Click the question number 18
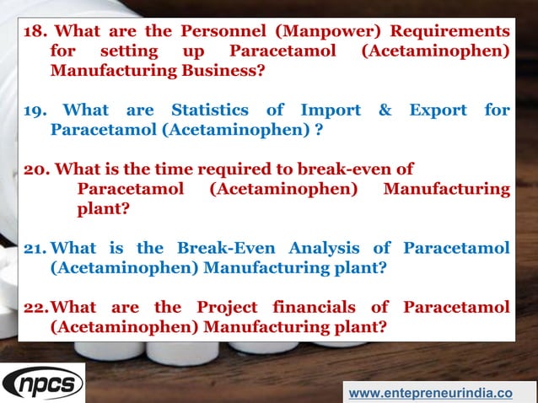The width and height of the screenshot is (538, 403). coord(35,32)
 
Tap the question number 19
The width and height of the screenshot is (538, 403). coord(35,110)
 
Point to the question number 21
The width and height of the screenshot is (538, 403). coord(35,248)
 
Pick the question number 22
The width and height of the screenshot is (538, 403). coord(35,307)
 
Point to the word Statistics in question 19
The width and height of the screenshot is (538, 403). coord(210,110)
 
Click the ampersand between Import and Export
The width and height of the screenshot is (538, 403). coord(385,110)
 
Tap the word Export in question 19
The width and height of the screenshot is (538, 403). coord(438,110)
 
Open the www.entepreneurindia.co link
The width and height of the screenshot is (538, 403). coord(430,392)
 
